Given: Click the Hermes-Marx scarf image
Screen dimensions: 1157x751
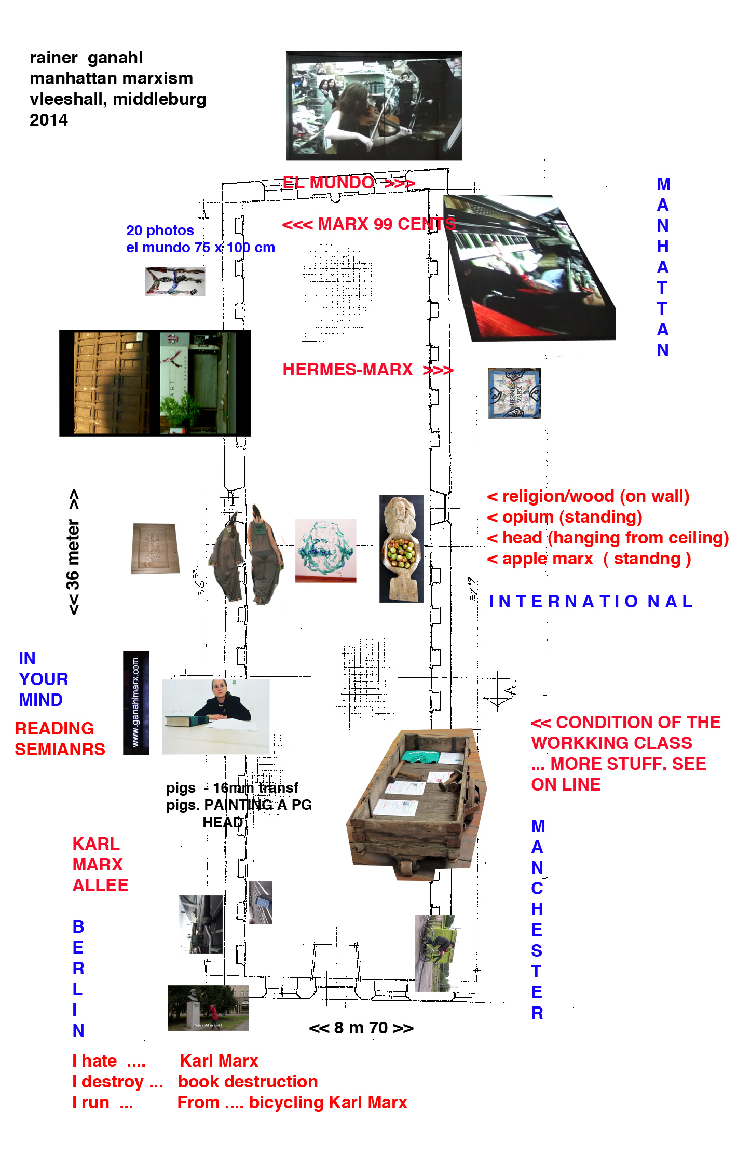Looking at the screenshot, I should coord(514,393).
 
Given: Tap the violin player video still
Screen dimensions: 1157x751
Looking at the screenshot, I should coord(374,105).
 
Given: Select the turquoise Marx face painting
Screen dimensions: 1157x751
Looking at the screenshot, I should coord(325,550).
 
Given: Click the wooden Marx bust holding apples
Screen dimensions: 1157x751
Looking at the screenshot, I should coord(401,548).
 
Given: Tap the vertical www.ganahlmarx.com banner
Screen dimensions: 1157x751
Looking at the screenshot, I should coord(136,702).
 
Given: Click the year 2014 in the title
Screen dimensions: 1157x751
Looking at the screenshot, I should coord(49,120).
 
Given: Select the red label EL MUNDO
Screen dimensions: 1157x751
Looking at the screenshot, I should coord(328,183).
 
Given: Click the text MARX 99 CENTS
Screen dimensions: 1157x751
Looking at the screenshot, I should coord(387,224).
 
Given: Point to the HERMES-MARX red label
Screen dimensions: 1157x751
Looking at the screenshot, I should coord(347,370).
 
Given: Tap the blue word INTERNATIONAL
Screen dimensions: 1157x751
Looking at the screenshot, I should coord(590,601).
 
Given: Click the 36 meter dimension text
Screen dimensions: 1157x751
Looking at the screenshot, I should coord(74,552).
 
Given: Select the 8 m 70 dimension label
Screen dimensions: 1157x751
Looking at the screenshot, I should coord(361,1028).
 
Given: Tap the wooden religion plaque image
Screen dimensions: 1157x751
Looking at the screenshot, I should coord(155,548).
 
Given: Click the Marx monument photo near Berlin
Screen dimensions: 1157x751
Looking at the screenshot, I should coord(208,1008).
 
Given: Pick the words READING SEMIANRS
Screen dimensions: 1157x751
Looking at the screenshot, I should coord(60,739).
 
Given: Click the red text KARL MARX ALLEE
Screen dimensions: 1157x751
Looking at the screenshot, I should coord(100,864).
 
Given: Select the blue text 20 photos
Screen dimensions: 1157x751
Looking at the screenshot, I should coord(160,230).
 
